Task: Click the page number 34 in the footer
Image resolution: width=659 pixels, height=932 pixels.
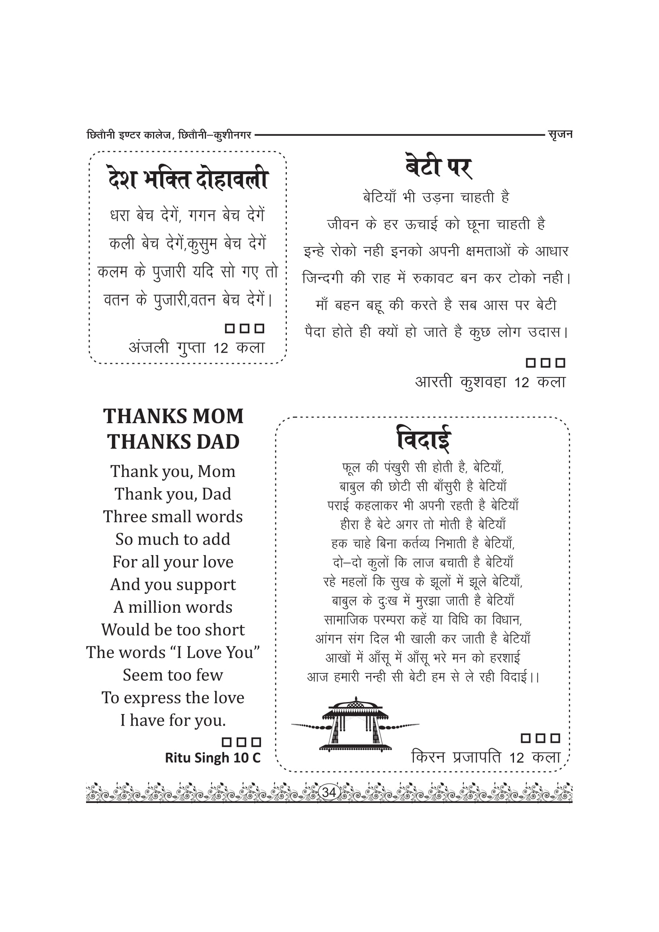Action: [x=329, y=792]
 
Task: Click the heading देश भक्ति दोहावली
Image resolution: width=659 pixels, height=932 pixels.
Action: [x=188, y=179]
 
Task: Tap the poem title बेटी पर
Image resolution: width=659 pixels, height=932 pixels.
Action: [x=439, y=166]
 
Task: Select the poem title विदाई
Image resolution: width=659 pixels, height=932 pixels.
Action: [x=423, y=438]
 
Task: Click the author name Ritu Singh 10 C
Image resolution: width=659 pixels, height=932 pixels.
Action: [x=213, y=757]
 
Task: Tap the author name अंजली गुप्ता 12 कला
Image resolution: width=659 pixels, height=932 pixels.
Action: [x=197, y=347]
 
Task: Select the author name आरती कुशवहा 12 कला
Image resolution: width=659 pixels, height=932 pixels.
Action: [x=490, y=382]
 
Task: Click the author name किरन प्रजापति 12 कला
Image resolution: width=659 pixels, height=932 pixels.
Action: [x=486, y=757]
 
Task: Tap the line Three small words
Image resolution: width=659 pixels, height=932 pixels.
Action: [x=173, y=517]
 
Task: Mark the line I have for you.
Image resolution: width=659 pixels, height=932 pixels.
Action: [x=173, y=720]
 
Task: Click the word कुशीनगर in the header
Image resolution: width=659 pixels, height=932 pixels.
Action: [x=233, y=135]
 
